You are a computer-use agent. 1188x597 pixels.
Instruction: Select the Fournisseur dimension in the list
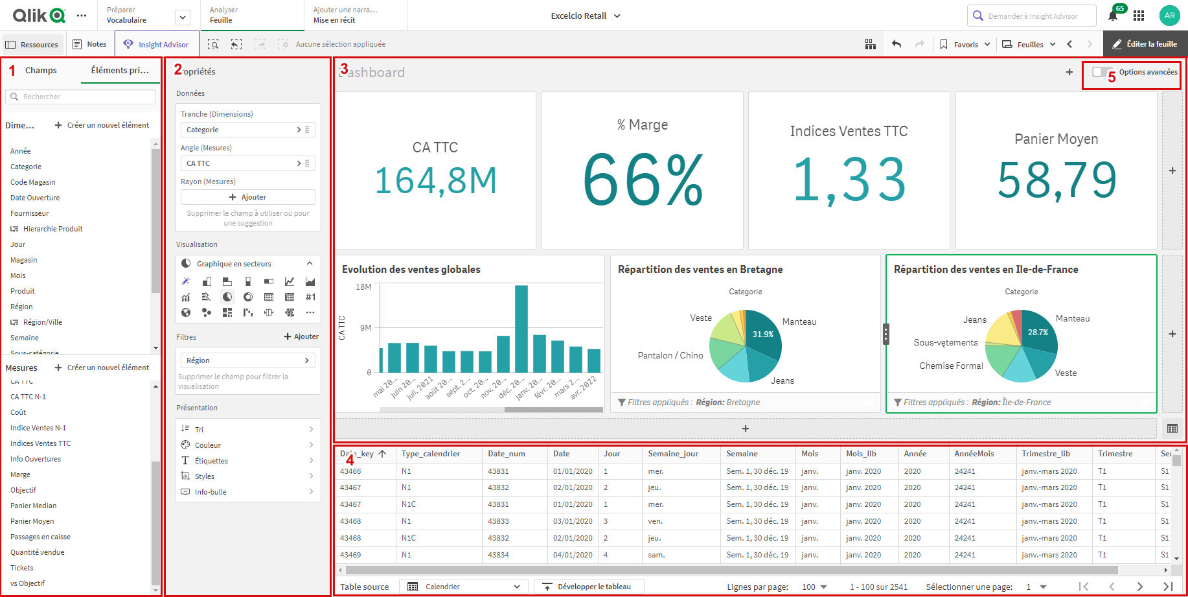coord(30,213)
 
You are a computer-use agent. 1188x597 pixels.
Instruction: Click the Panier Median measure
coord(34,506)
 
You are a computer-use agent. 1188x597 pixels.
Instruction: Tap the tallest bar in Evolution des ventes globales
coord(521,328)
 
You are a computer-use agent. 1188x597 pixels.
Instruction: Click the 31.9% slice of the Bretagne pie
coord(763,334)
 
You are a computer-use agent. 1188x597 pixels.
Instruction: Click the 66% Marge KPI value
coord(643,180)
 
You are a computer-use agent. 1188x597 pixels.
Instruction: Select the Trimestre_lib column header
coord(1045,454)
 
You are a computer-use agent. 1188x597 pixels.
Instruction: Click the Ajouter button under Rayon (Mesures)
coord(248,197)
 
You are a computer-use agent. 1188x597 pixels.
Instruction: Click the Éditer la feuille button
coord(1145,44)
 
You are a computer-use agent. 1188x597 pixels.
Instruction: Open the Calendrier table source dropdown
coord(464,587)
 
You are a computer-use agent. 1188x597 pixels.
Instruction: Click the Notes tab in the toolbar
coord(90,44)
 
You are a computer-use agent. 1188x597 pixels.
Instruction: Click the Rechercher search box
coord(81,97)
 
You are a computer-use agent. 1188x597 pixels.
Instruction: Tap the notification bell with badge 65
coord(1113,16)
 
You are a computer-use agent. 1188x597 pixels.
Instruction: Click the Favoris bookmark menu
coord(965,45)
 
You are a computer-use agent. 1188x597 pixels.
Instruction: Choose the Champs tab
coord(41,71)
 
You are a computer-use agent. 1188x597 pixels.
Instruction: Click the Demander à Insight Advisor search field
coord(1032,16)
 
